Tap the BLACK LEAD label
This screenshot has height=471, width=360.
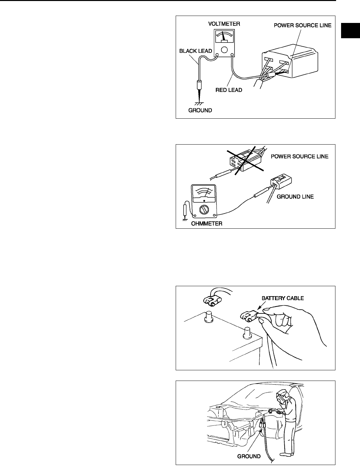[195, 51]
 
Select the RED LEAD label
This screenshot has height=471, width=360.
[229, 90]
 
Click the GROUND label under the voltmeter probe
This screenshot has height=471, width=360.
[200, 110]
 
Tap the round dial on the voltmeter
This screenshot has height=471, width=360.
[225, 50]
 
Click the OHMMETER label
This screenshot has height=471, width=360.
[207, 224]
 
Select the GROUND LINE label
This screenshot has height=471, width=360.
[295, 196]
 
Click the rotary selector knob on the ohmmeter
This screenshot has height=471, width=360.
[204, 210]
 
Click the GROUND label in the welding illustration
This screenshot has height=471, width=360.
[249, 456]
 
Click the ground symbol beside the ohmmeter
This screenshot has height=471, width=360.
[184, 220]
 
